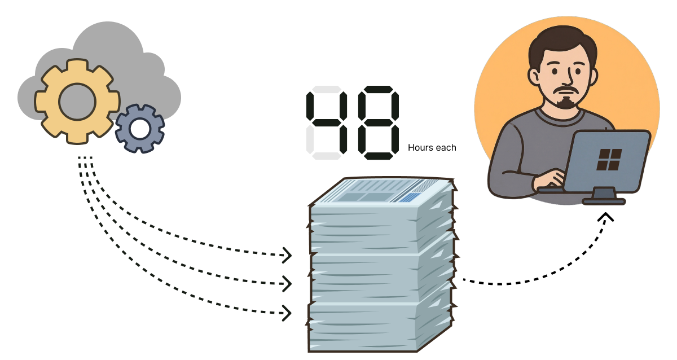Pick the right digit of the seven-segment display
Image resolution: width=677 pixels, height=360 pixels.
point(378,121)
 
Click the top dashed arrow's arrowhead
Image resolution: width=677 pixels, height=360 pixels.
point(286,256)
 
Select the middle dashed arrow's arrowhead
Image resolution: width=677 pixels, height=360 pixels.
point(286,283)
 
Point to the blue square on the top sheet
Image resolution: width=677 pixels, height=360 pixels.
point(413,197)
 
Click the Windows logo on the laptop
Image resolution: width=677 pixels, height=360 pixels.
point(609,159)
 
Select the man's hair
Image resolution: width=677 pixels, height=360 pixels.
point(561,39)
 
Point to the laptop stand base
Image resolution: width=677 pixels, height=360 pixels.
point(604,200)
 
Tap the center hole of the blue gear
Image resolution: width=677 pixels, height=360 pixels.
point(139,129)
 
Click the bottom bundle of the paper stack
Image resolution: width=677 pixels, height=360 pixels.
point(378,327)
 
